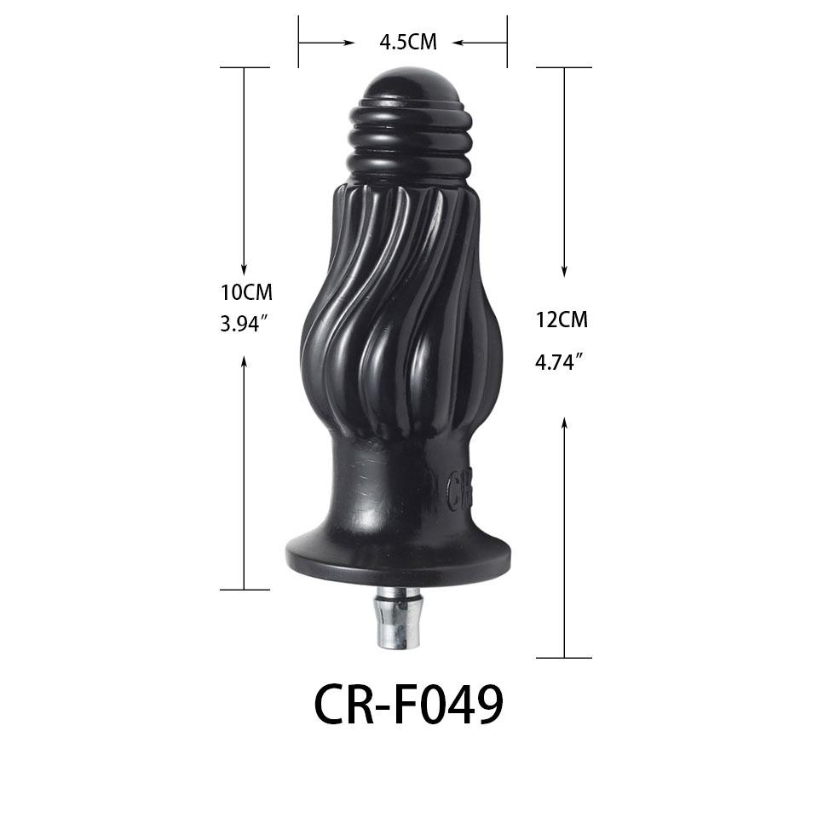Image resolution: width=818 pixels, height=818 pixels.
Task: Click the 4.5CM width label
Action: pyautogui.click(x=408, y=42)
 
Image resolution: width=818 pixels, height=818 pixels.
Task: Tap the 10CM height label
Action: pyautogui.click(x=246, y=292)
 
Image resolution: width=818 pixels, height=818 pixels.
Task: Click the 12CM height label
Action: pyautogui.click(x=562, y=320)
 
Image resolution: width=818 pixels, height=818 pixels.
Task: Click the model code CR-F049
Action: pyautogui.click(x=408, y=704)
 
